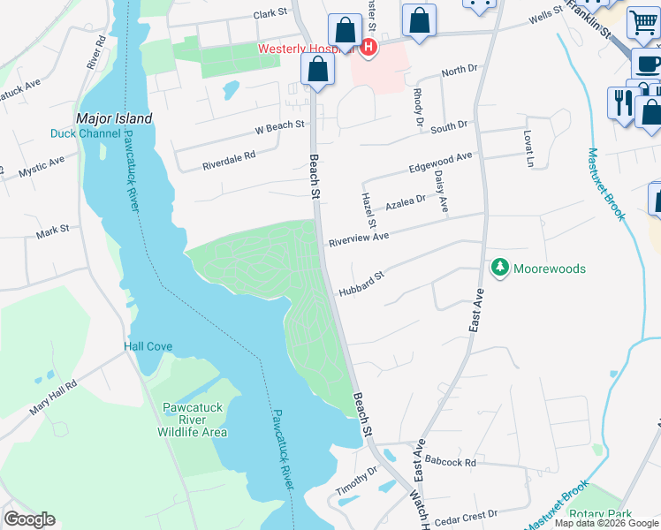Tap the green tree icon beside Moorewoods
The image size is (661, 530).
pyautogui.click(x=500, y=267)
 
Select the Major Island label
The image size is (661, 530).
pyautogui.click(x=114, y=118)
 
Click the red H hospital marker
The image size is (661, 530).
pyautogui.click(x=368, y=47)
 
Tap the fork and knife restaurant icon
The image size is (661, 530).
pyautogui.click(x=622, y=102)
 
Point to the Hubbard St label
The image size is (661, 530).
pyautogui.click(x=361, y=284)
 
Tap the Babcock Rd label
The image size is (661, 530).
pyautogui.click(x=450, y=462)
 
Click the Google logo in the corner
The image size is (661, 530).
pyautogui.click(x=29, y=519)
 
